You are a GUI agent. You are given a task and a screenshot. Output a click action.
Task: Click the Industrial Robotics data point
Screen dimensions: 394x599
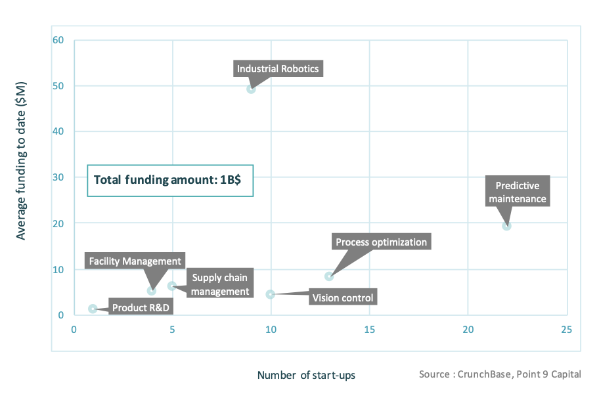point(251,89)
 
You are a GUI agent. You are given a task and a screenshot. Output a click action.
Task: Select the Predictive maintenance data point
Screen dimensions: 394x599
point(506,226)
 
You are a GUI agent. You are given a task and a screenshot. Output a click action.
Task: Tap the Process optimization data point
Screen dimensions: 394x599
point(329,276)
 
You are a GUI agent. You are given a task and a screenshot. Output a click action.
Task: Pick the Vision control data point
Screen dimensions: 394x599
point(270,294)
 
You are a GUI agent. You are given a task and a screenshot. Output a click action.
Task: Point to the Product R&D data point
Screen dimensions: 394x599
point(93,309)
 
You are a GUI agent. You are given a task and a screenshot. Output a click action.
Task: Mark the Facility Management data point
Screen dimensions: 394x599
point(152,291)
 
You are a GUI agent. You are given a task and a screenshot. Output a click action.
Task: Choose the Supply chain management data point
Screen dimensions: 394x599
point(172,286)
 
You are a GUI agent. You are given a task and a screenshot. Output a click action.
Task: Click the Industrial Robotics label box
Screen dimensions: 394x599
point(278,68)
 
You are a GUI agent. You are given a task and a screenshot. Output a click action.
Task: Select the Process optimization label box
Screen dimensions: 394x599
point(381,242)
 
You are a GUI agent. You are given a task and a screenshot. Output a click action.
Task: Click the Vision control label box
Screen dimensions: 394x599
point(343,298)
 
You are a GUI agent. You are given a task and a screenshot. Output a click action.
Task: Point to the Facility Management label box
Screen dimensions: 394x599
point(135,261)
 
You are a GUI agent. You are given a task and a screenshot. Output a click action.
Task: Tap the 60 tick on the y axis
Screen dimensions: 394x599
point(58,40)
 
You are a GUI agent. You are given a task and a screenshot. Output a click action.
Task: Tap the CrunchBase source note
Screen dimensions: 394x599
point(500,374)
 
